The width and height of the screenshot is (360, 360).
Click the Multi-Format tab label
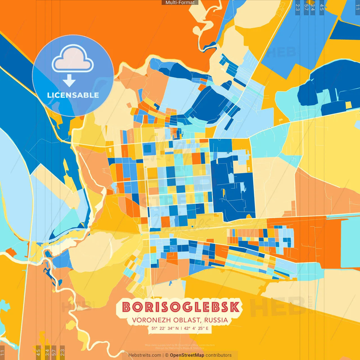click(x=180, y=3)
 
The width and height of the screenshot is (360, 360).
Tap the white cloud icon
click(x=73, y=59)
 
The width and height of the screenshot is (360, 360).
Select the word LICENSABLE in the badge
click(x=73, y=95)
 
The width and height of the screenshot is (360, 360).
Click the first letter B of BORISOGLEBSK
click(x=127, y=307)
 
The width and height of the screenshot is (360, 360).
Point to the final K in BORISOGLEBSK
click(x=234, y=307)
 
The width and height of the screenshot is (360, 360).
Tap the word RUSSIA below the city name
click(x=216, y=320)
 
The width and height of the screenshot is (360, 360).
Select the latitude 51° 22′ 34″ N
click(x=165, y=328)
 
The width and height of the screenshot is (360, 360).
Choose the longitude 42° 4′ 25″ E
click(x=196, y=328)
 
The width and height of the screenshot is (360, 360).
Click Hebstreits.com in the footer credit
click(x=145, y=355)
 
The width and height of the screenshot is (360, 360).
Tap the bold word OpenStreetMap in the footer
click(x=187, y=355)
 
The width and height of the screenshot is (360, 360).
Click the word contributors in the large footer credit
click(x=219, y=355)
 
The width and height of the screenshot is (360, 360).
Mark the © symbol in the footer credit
click(x=167, y=355)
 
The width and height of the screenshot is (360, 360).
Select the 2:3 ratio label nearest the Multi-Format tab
click(x=298, y=7)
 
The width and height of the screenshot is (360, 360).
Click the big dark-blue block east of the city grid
click(x=233, y=194)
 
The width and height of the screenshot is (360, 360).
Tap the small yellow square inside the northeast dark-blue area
click(x=348, y=105)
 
